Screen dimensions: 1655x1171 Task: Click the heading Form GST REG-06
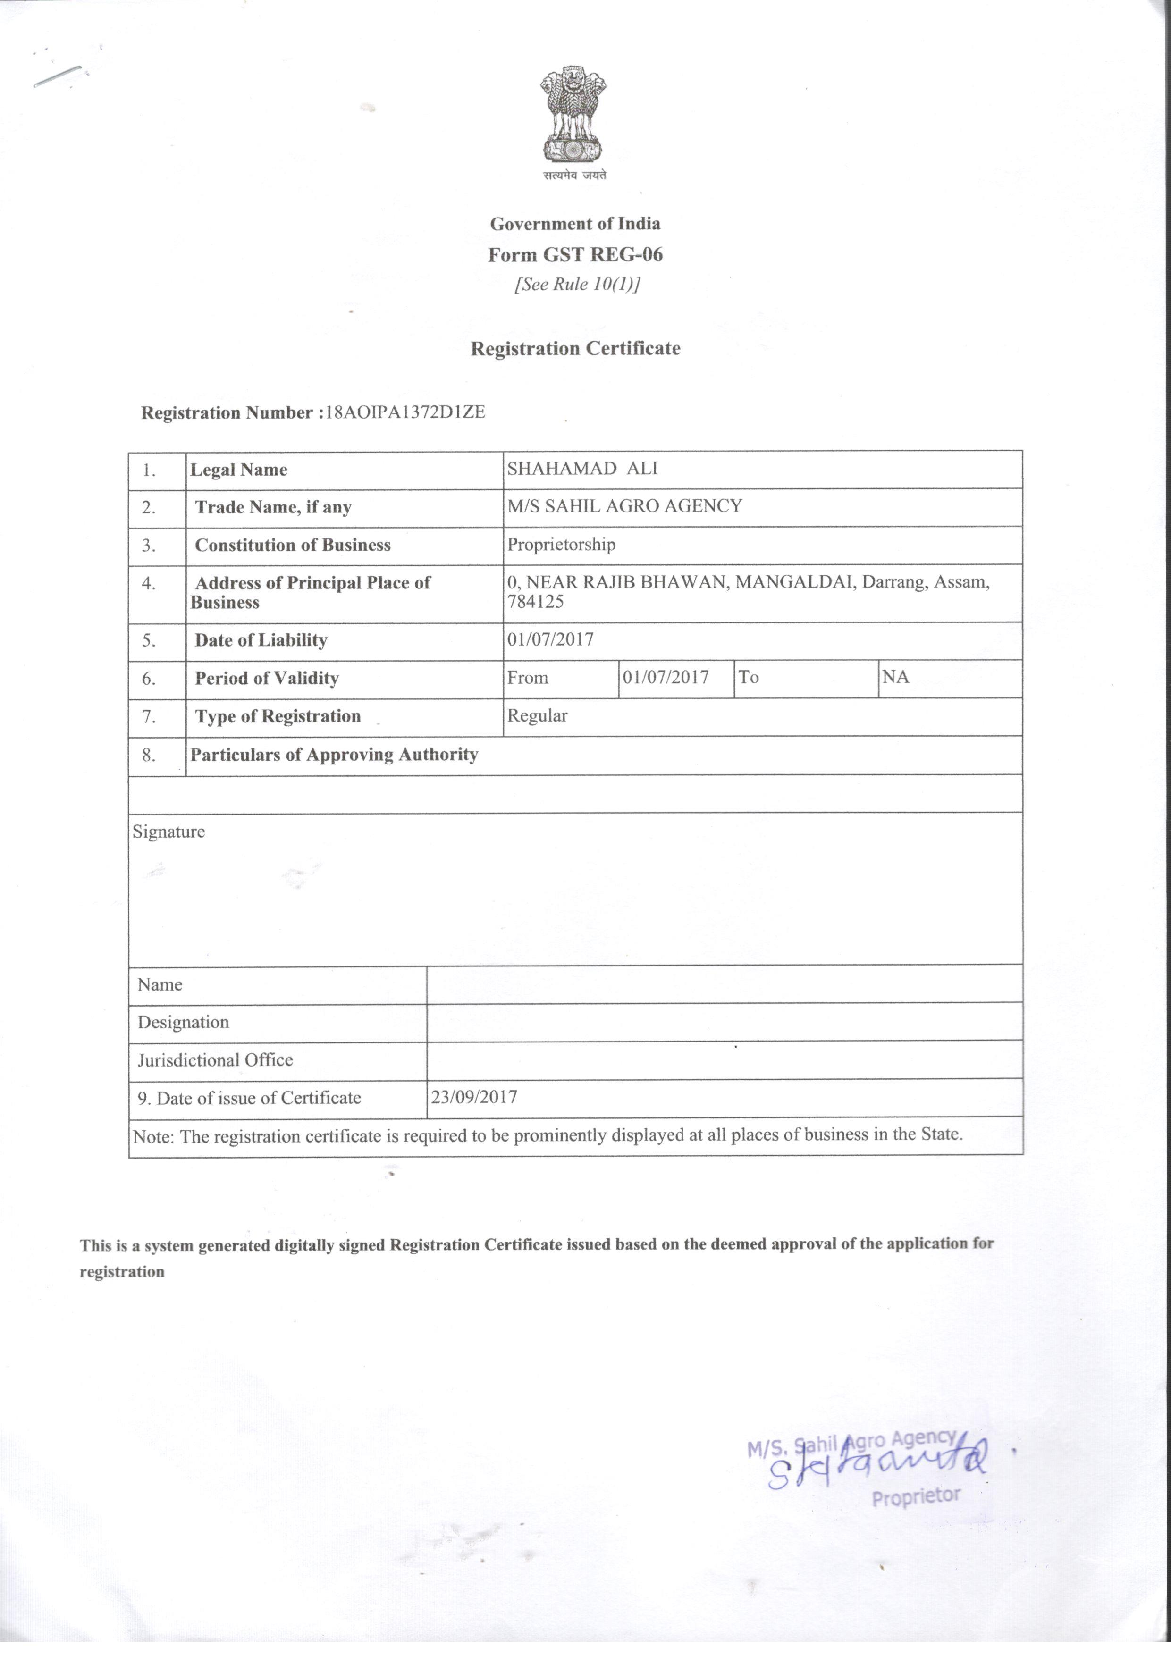(575, 254)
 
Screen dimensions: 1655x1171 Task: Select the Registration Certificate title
(575, 349)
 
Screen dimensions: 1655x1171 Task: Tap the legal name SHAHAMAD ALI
(582, 469)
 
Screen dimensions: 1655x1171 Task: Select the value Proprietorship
(561, 544)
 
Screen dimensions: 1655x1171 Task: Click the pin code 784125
(536, 602)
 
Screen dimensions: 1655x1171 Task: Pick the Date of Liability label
(261, 640)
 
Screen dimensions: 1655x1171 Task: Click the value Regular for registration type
(537, 716)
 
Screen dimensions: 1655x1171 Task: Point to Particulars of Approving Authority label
(334, 755)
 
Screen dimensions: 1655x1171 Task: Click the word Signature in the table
(168, 832)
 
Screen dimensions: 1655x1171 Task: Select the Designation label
(183, 1022)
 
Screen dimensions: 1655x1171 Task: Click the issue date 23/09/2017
(474, 1097)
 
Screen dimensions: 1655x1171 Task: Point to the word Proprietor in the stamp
(916, 1496)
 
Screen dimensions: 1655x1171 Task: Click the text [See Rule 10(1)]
(577, 285)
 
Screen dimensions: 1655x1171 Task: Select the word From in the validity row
(528, 678)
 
